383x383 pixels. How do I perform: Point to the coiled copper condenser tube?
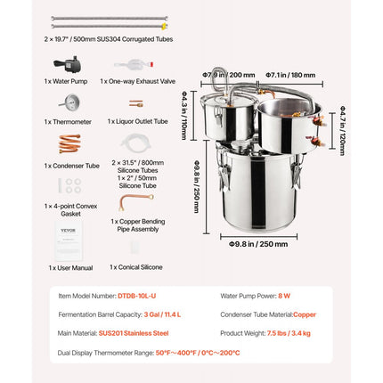[68, 143]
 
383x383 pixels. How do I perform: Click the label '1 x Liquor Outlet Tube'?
[135, 121]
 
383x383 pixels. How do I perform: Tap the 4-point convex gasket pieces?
[68, 186]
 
